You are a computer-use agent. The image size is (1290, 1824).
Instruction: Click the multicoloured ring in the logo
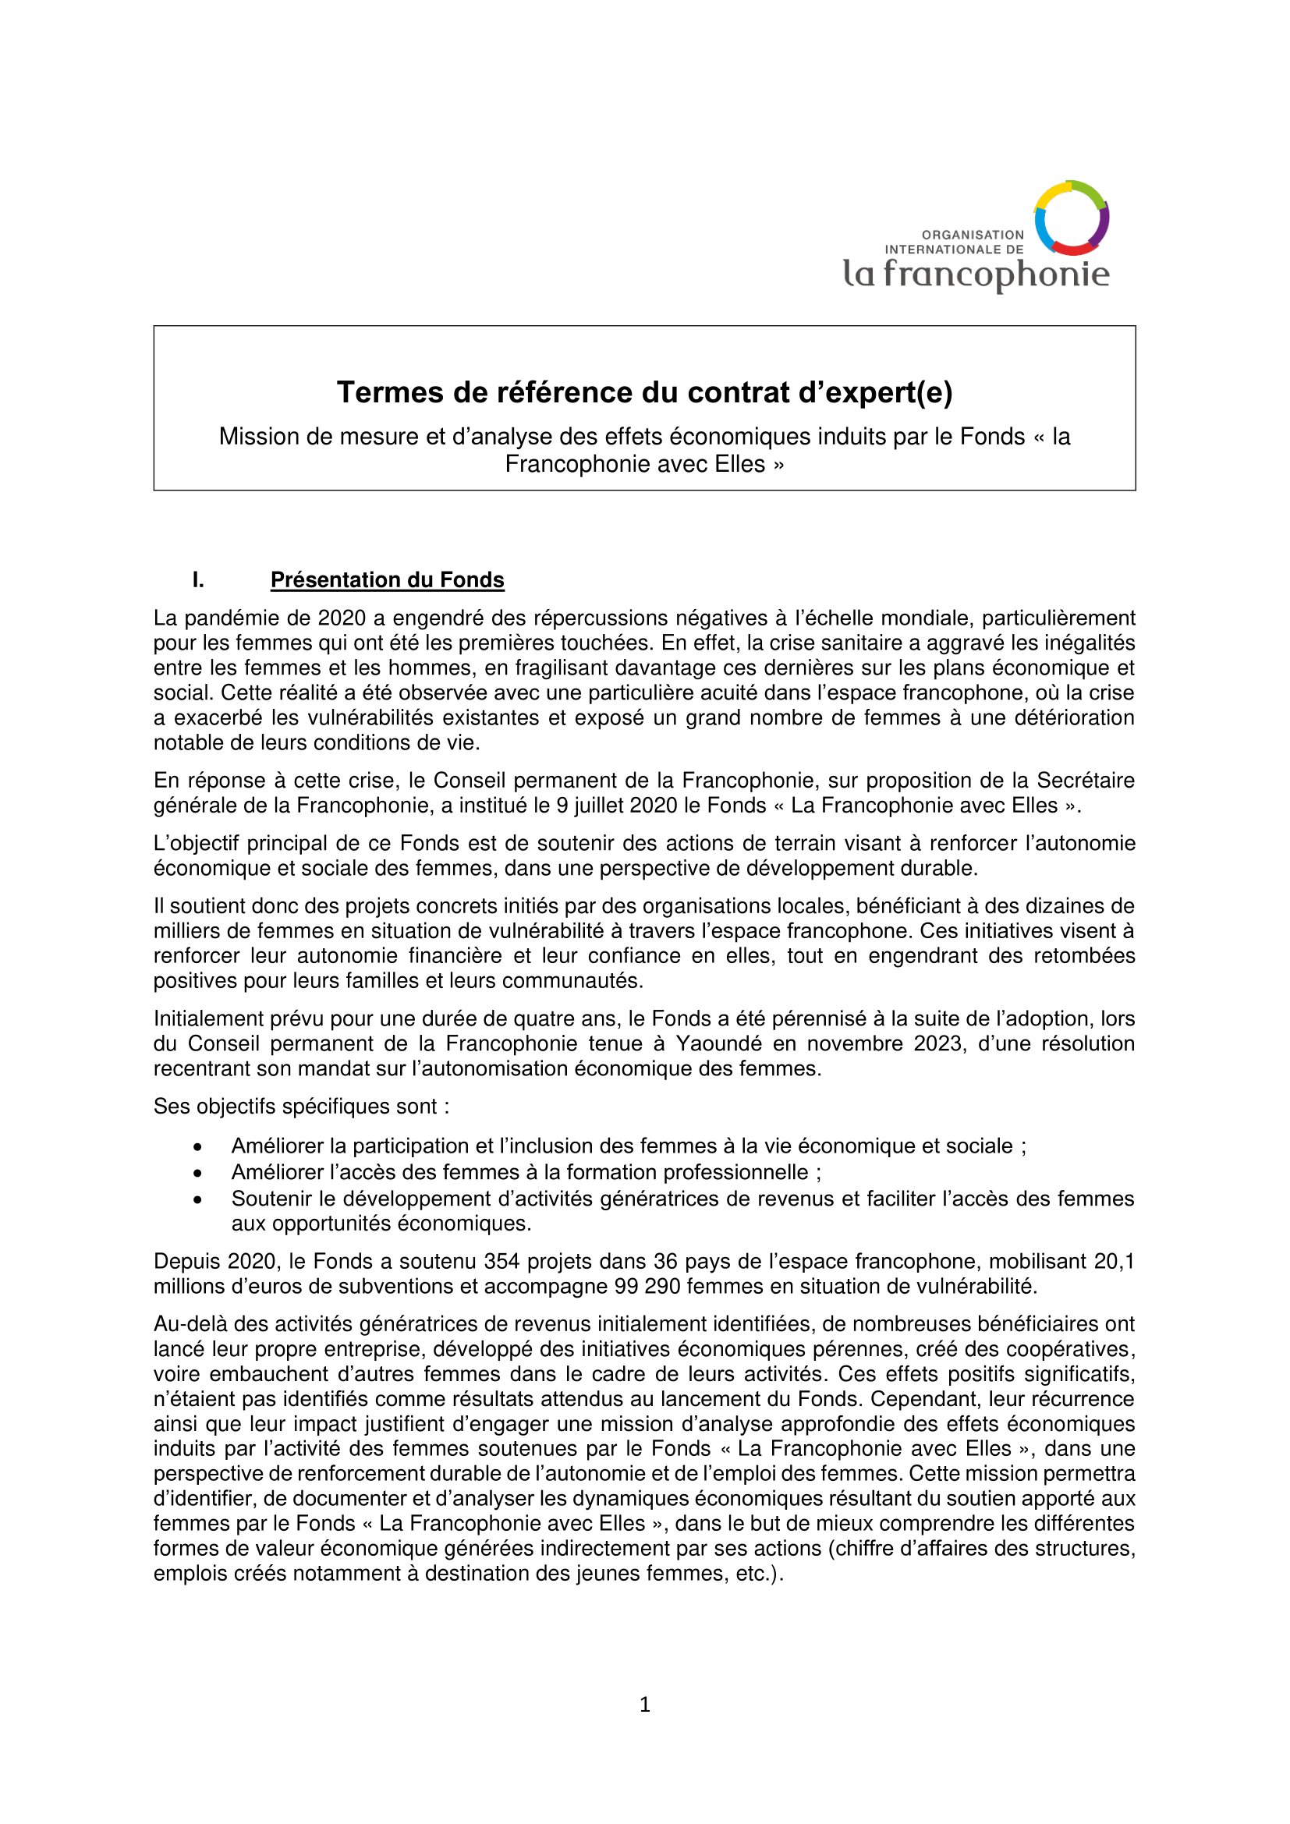[1071, 217]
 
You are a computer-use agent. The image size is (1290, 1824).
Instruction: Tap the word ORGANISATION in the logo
[973, 236]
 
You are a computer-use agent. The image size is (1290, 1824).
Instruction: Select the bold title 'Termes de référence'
[644, 392]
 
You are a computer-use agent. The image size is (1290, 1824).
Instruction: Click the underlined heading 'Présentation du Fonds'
[387, 580]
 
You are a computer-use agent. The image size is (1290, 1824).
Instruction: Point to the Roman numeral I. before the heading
[198, 580]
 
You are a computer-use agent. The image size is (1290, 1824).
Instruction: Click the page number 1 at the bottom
[644, 1704]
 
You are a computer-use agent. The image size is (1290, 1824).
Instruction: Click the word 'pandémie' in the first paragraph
[228, 618]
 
